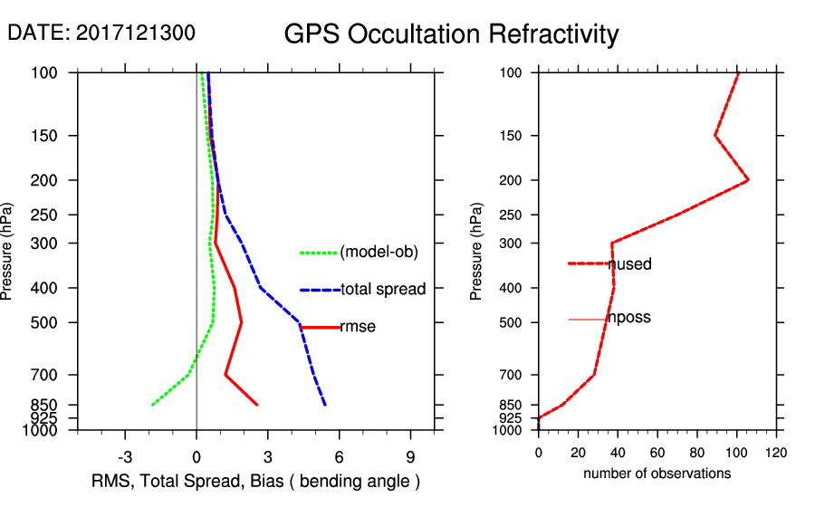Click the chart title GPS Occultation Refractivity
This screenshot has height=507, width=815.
coord(451,34)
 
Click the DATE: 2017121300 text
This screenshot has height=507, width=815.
coord(101,33)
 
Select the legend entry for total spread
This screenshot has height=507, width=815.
coord(383,290)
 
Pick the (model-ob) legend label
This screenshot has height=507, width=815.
coord(379,253)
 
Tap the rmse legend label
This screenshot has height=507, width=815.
coord(357,328)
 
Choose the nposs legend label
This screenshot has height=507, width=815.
coord(629,318)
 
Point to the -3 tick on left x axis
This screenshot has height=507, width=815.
coord(125,456)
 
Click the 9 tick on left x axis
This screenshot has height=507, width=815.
coord(410,456)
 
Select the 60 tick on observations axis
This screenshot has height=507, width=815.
coord(657,451)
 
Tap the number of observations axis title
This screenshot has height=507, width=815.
coord(657,473)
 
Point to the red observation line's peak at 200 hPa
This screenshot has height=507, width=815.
coord(748,181)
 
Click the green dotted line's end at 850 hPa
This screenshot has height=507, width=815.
coord(151,405)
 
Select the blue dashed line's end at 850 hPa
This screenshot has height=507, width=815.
coord(325,405)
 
